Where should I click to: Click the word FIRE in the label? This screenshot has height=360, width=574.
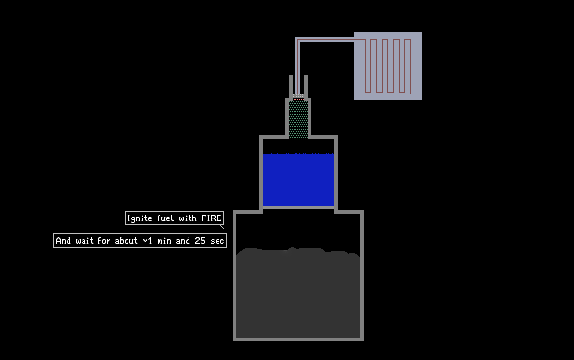(211, 218)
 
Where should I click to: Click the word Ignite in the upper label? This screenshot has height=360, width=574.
(140, 218)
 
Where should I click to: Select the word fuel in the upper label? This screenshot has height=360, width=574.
(165, 218)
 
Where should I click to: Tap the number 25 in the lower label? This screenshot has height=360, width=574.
(200, 240)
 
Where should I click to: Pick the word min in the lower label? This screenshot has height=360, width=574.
(164, 240)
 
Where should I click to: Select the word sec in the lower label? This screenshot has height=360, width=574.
(217, 241)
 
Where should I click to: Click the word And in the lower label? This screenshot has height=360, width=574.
(64, 240)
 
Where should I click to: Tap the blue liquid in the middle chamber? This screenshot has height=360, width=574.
(298, 180)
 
